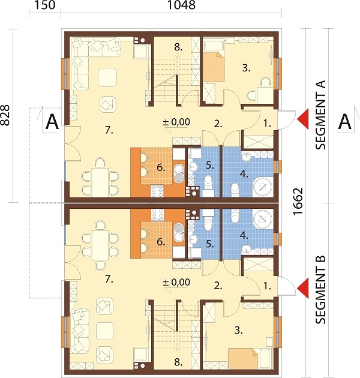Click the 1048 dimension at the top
tap(181, 5)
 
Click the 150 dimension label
tap(45, 5)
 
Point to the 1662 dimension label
tap(298, 202)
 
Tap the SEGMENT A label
tap(320, 115)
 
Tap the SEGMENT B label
tap(320, 289)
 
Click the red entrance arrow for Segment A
tap(303, 119)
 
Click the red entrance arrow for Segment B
tap(303, 288)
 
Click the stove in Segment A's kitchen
tap(157, 191)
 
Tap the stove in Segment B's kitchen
tap(157, 215)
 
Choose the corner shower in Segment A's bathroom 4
tap(263, 187)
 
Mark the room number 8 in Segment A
tap(178, 47)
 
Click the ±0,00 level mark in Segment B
tap(177, 282)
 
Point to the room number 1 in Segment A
tap(267, 124)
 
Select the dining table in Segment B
tap(100, 245)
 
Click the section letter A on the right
tap(345, 122)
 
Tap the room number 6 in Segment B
tap(161, 242)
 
